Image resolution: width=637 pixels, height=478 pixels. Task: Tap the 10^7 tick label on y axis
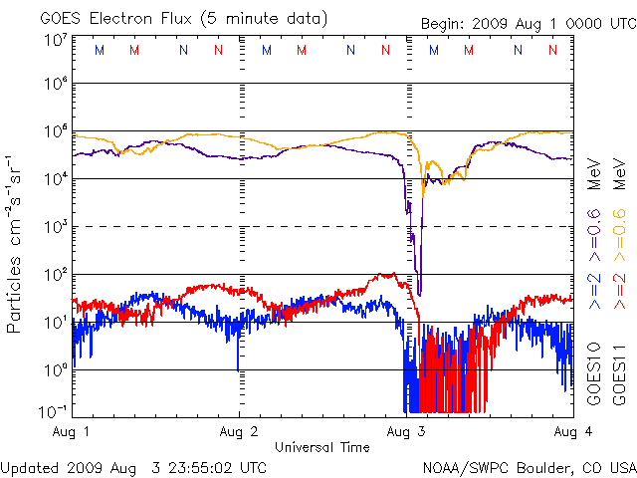coord(54,40)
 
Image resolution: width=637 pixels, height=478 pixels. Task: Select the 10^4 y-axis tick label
coord(54,179)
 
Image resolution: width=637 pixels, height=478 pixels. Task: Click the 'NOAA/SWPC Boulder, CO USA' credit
coord(528,467)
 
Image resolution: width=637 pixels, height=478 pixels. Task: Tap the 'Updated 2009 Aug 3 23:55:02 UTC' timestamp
coord(133,467)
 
